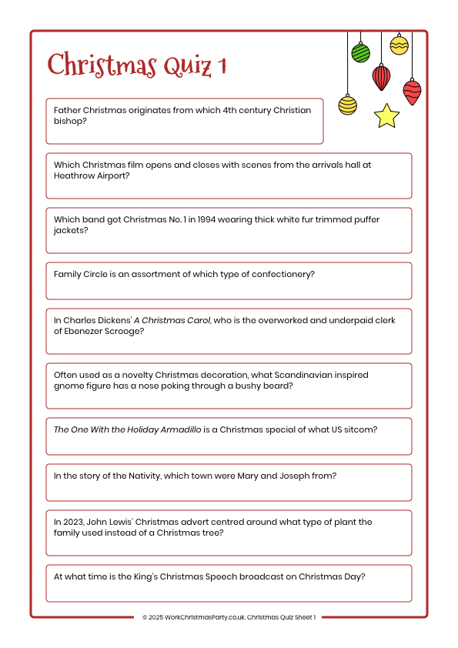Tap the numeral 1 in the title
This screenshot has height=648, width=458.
click(223, 66)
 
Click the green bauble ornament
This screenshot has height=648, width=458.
click(360, 53)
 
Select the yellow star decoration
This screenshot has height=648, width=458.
click(386, 116)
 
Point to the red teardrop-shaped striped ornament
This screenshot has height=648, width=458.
click(381, 77)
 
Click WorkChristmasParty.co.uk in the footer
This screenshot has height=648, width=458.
click(202, 617)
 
